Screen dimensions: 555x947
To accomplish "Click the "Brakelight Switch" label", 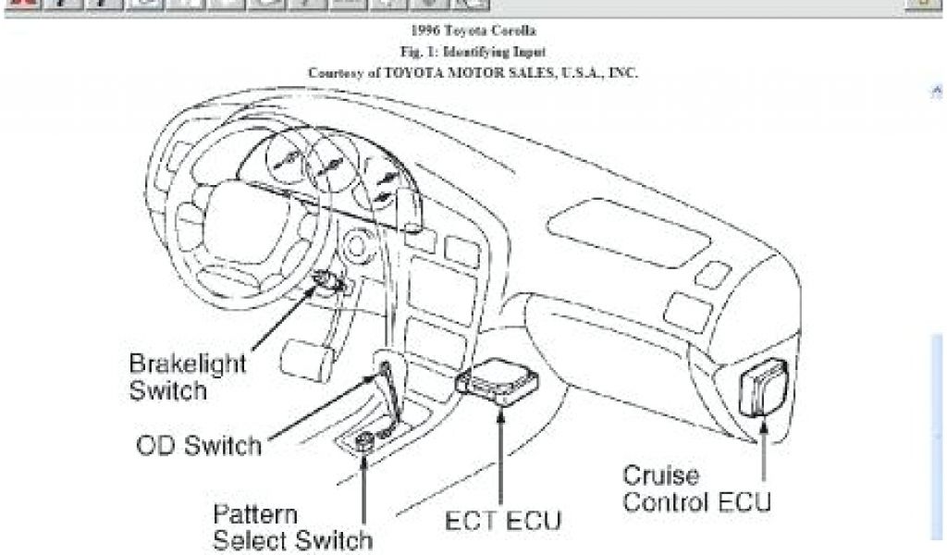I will click(x=175, y=376).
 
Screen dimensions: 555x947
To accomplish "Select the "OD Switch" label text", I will click(x=198, y=446).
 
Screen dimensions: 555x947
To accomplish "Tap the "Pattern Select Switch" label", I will click(x=292, y=526).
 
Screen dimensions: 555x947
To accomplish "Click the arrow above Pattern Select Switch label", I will click(x=364, y=482).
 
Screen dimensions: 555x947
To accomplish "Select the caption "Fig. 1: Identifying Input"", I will click(x=473, y=52).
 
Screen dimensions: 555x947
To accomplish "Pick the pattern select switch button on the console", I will click(x=364, y=439).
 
